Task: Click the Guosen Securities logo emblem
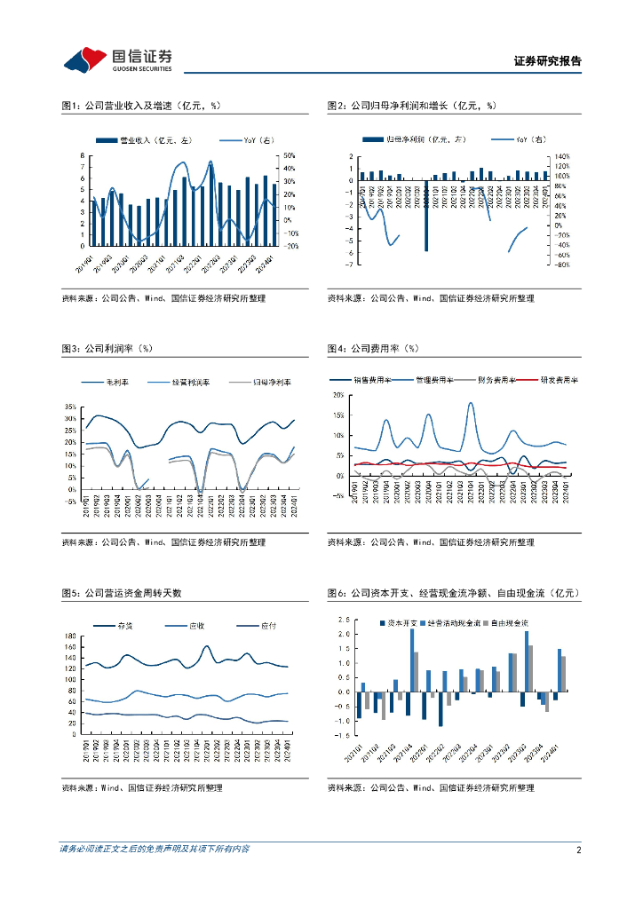(x=85, y=60)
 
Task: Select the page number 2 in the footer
(x=578, y=850)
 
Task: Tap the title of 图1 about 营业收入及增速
(x=141, y=106)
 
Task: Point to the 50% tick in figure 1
(x=290, y=156)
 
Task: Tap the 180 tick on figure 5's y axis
(x=69, y=636)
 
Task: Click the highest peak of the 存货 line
(x=207, y=647)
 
